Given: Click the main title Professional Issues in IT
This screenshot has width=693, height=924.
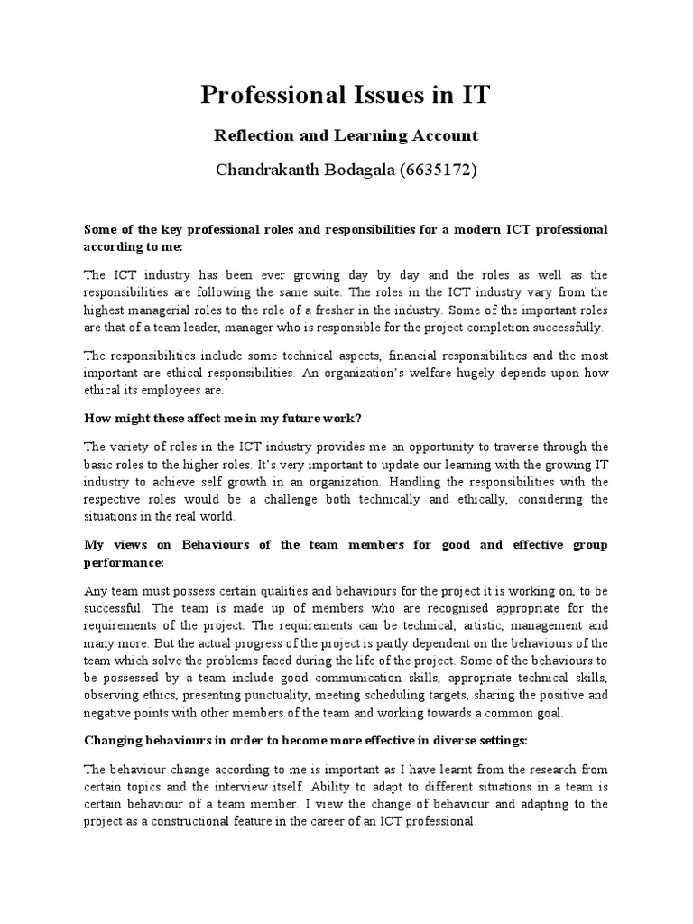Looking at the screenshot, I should click(x=346, y=95).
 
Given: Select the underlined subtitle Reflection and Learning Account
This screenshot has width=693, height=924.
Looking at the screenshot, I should click(x=346, y=135).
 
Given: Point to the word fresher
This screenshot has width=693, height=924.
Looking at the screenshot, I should click(x=357, y=310).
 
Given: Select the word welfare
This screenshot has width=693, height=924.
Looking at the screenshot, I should click(x=462, y=373).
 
